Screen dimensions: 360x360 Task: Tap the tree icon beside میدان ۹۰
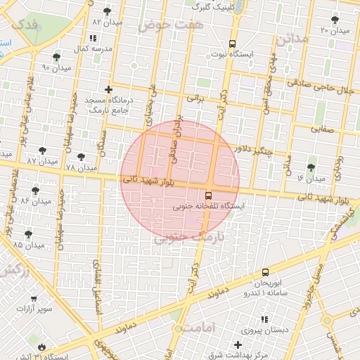point(56,56)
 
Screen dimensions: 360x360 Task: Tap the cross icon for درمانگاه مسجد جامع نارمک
point(108,89)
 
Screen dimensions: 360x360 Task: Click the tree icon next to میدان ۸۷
point(43,150)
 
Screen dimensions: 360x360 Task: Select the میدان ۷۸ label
point(80,168)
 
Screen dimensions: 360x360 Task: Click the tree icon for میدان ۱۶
point(311,167)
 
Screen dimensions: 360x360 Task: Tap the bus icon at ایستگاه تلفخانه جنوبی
point(209,195)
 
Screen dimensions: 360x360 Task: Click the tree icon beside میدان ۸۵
point(28,234)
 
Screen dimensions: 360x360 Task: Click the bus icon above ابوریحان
point(265,271)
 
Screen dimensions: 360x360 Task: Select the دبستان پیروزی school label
point(266,329)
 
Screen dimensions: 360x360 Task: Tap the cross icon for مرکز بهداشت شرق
point(239,345)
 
